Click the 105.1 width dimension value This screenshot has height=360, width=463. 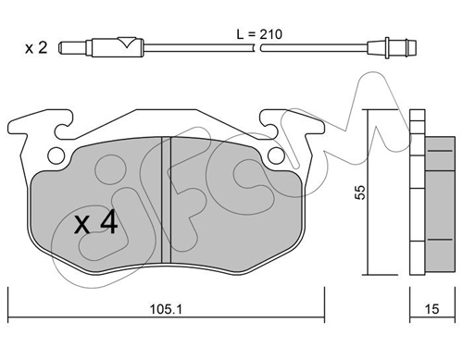pos(166,309)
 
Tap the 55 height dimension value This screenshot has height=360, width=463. pos(360,192)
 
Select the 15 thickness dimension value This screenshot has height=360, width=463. pos(432,309)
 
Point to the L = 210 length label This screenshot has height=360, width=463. pos(259,34)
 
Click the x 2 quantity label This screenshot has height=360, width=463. pos(36,48)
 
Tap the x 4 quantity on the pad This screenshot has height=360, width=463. pos(96,221)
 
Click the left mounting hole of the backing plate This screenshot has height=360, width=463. pos(56,155)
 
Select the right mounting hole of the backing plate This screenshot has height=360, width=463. pos(276,155)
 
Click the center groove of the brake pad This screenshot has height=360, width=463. pos(166,200)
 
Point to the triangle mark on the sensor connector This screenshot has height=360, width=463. pos(127,42)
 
